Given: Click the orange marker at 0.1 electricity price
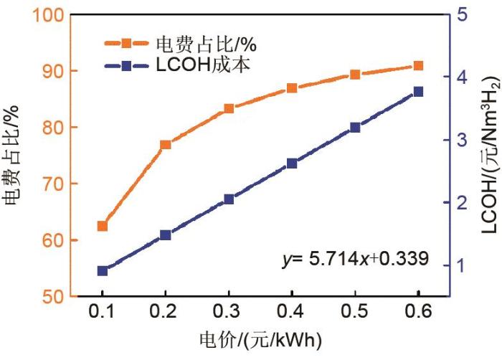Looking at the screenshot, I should click(103, 227).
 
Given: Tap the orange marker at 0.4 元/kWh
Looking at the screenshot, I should click(292, 88).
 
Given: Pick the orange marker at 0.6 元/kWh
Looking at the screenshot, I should click(419, 66).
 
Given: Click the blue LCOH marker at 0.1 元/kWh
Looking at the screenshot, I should click(103, 271).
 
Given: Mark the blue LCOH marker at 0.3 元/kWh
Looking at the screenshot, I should click(229, 199).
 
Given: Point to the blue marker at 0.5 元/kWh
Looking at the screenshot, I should click(355, 128).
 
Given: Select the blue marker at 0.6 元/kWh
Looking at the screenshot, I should click(419, 92).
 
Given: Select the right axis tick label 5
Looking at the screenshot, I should click(463, 15).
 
